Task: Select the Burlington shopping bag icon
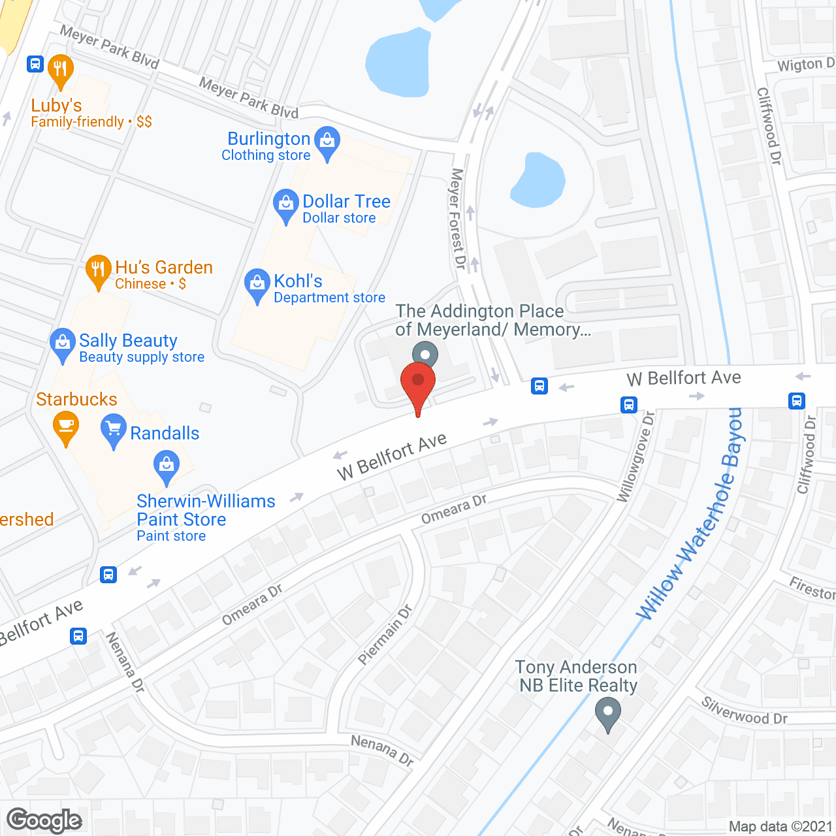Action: [x=327, y=141]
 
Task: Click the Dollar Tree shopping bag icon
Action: [x=285, y=204]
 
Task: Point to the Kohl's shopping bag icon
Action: [x=257, y=283]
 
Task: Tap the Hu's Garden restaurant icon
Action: [x=98, y=270]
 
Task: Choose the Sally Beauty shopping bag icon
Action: [x=62, y=343]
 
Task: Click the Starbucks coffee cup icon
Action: [x=65, y=426]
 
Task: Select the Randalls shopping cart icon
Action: [x=114, y=429]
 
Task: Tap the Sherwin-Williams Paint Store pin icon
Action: [x=167, y=466]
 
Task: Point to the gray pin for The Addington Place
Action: [x=425, y=355]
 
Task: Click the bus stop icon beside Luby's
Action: [x=35, y=64]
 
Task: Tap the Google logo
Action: [x=44, y=820]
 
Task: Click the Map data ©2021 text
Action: [x=780, y=826]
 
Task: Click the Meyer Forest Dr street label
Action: [x=458, y=219]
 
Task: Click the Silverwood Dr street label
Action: [x=744, y=711]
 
